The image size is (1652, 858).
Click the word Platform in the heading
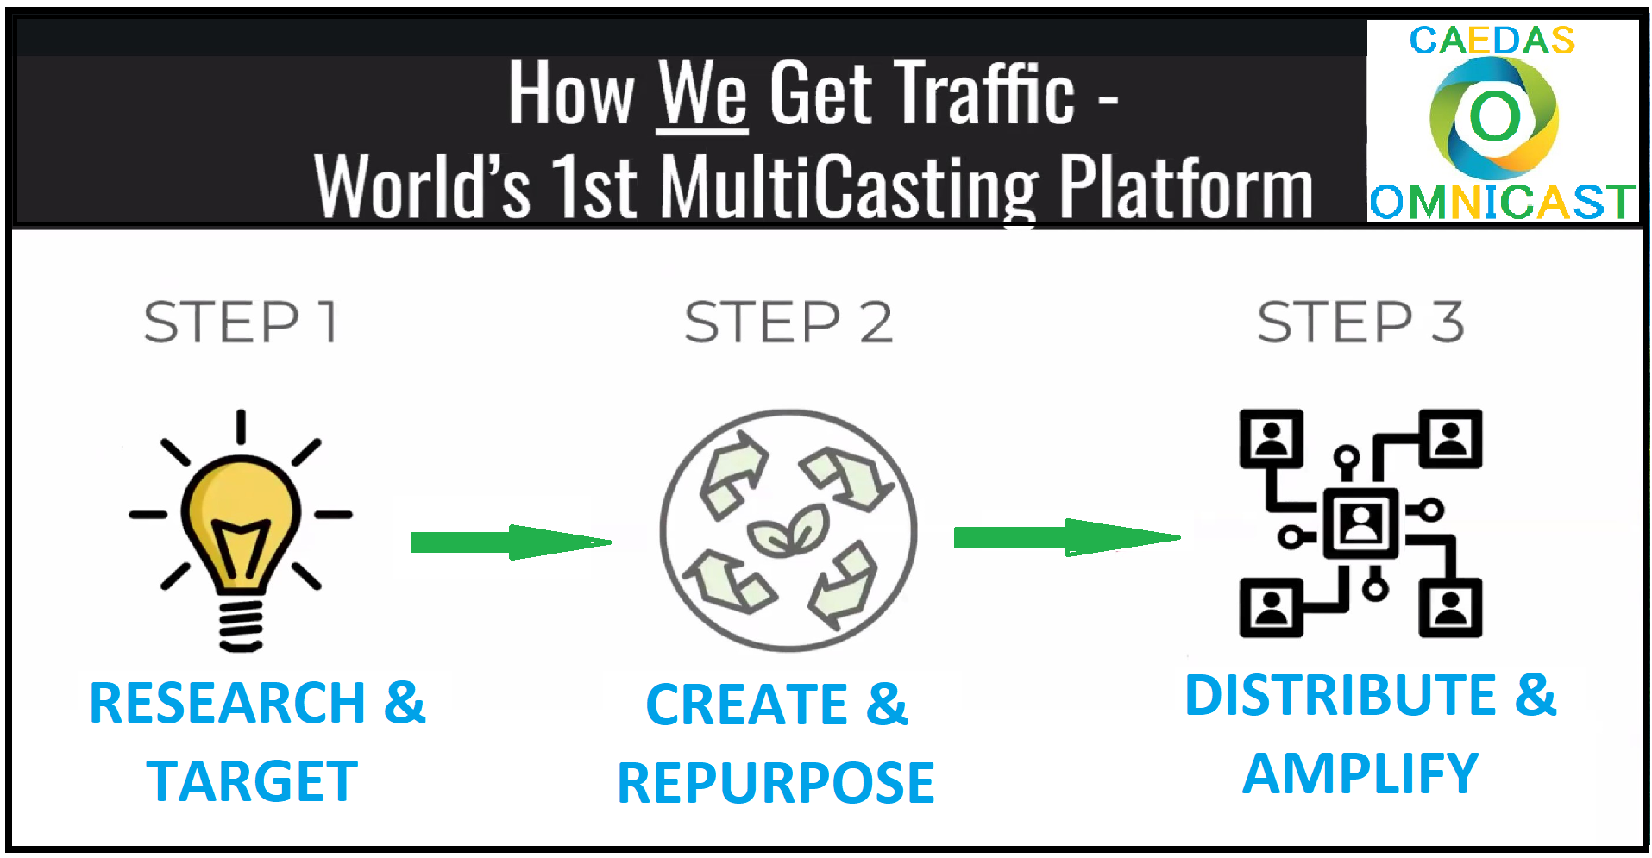tap(1186, 185)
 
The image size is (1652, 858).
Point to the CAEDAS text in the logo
tap(1492, 41)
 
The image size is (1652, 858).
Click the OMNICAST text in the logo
tap(1502, 203)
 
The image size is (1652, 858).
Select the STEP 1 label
tap(241, 322)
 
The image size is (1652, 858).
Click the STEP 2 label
tap(788, 322)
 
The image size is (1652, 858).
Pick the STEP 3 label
tap(1360, 322)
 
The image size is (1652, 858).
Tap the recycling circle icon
tap(788, 529)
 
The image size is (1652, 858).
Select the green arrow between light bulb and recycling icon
tap(511, 542)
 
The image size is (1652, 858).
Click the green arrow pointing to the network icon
tap(1067, 537)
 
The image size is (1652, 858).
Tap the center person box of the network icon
tap(1360, 523)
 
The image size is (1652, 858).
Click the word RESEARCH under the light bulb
tap(228, 703)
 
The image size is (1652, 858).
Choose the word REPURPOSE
tap(776, 783)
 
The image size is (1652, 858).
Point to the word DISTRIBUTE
tap(1341, 695)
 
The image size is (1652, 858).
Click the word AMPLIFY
tap(1360, 773)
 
